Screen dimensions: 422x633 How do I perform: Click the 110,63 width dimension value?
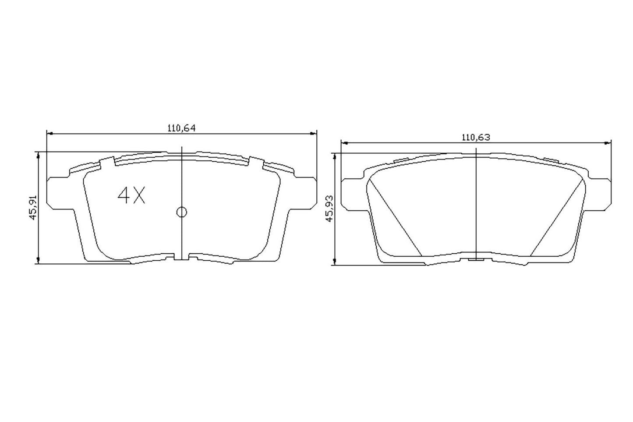point(475,137)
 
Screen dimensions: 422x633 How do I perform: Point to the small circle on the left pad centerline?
point(181,212)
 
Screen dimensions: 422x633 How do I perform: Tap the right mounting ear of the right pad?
point(600,193)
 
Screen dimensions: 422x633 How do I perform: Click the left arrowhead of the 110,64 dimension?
point(49,133)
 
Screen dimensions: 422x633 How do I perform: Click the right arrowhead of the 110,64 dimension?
point(313,133)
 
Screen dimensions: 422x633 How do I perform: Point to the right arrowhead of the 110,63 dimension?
point(608,143)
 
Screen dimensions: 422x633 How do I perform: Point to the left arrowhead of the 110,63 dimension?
point(344,143)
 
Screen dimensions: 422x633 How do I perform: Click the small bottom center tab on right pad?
point(476,259)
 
